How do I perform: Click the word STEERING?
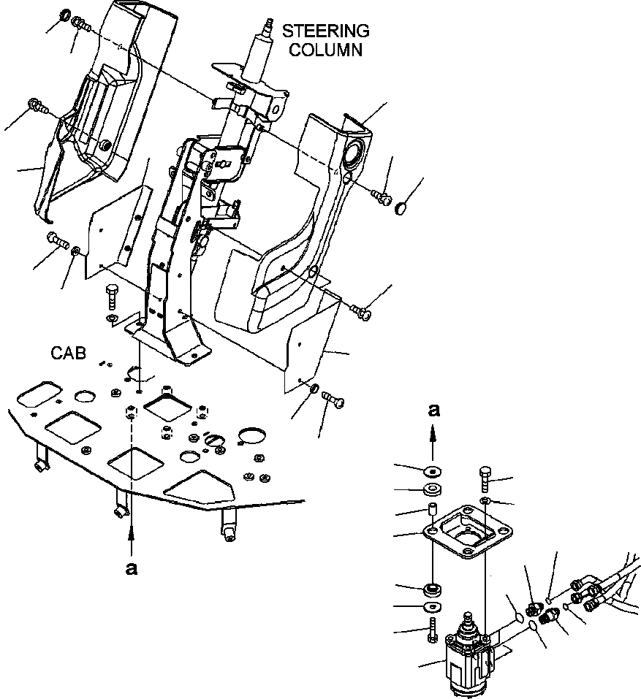click(325, 32)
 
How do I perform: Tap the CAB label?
click(68, 354)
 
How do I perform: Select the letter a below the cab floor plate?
click(132, 569)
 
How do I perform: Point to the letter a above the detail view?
click(433, 411)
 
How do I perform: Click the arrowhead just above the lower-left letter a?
click(132, 536)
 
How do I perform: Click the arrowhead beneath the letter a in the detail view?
click(433, 434)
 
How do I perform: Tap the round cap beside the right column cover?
click(402, 210)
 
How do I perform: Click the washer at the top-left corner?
click(65, 15)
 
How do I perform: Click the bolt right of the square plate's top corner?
click(487, 478)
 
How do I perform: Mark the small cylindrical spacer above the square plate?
click(432, 511)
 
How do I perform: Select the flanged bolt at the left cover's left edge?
click(37, 106)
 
